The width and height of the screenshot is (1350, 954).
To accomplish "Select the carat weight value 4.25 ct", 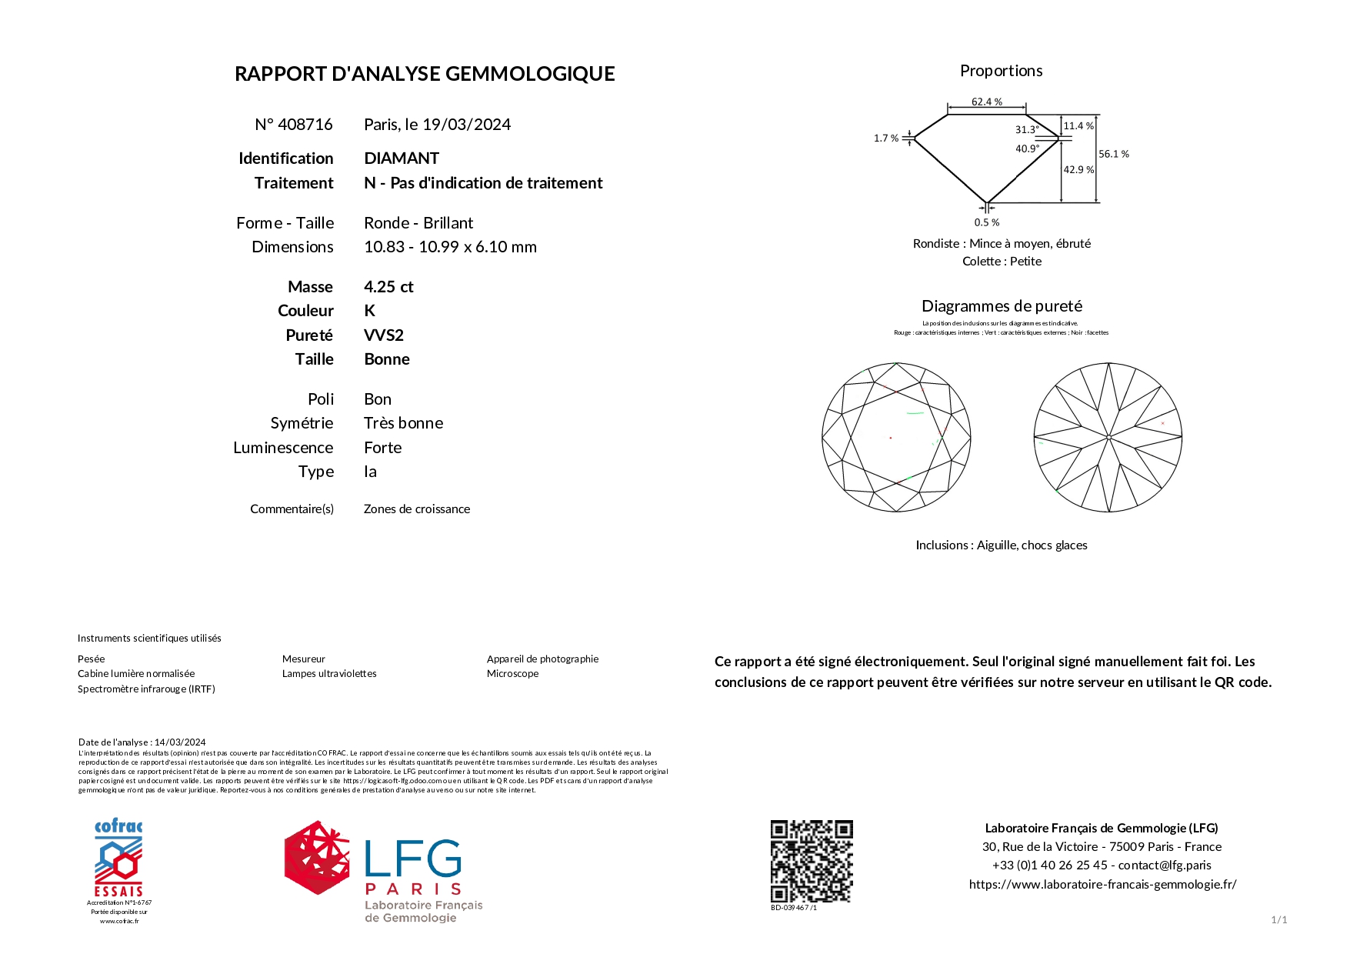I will click(388, 287).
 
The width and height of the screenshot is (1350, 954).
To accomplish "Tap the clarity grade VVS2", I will click(384, 335).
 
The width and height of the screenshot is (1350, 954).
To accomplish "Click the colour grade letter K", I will click(370, 311).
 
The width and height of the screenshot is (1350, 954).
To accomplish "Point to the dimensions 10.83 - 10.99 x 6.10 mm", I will click(450, 247).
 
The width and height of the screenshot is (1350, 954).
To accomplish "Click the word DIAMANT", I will click(402, 158).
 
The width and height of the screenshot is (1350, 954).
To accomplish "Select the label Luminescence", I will click(283, 448).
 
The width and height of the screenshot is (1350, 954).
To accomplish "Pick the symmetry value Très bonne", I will click(403, 423).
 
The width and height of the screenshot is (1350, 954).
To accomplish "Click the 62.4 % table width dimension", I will click(986, 102).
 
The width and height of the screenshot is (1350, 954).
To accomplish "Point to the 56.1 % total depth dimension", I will click(1113, 154).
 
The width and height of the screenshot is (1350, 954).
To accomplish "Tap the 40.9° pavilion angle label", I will click(1027, 148).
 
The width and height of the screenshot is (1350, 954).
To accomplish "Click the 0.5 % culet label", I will click(986, 222).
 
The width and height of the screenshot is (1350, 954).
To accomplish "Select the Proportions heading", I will click(1001, 71).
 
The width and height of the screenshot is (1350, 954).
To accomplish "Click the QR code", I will click(812, 861).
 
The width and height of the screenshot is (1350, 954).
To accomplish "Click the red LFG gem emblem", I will click(316, 858).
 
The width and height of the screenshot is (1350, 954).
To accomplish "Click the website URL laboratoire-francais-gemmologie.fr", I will click(1102, 885).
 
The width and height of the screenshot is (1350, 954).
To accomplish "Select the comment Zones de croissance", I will click(416, 509).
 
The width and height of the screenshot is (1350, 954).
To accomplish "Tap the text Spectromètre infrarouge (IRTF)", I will click(146, 689).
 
